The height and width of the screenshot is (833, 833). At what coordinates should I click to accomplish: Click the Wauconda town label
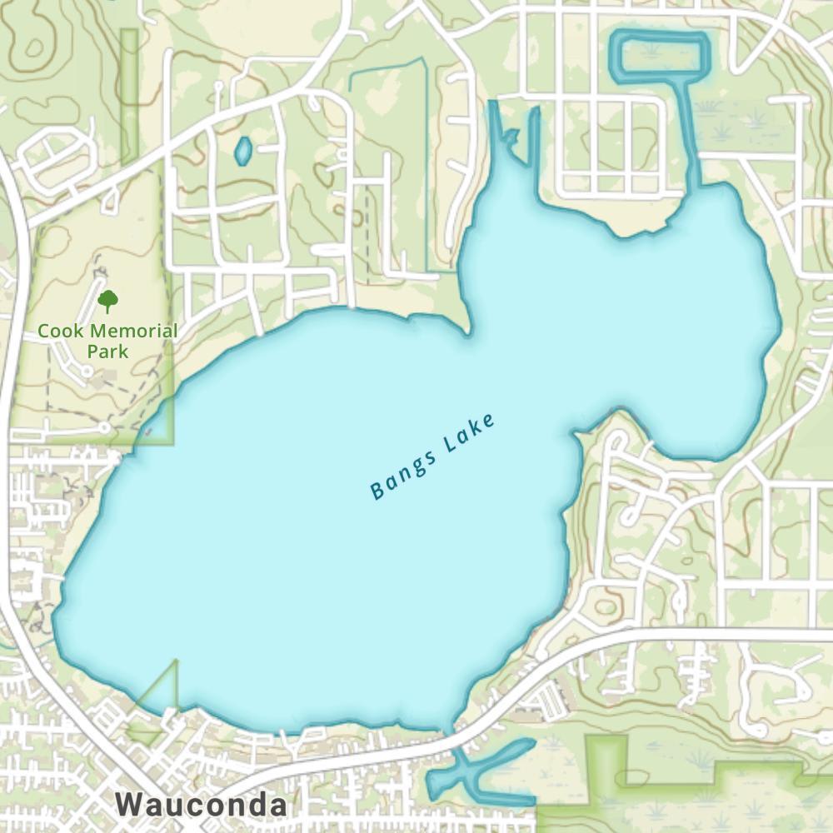tap(201, 806)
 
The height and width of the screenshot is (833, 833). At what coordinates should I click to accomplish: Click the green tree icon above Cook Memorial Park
tap(107, 300)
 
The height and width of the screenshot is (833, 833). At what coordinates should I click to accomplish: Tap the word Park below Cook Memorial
tap(107, 351)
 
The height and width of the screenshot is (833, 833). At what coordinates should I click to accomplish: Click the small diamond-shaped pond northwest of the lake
tap(242, 151)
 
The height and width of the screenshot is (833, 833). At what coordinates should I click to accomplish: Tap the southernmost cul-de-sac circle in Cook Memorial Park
tap(104, 427)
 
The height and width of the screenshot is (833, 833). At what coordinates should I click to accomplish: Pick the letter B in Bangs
tap(377, 492)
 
